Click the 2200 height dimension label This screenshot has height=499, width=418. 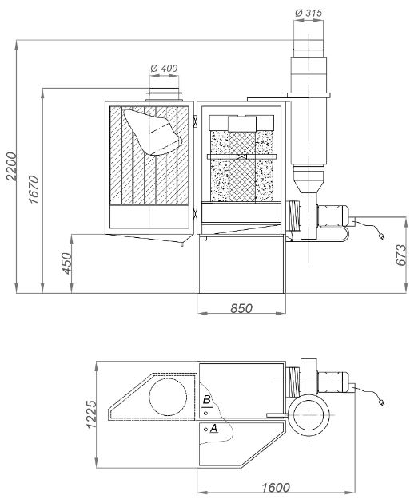[x=11, y=166]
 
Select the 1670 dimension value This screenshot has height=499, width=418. [x=34, y=189]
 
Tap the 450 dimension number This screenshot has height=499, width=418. [x=67, y=263]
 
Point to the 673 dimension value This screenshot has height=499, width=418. [x=401, y=255]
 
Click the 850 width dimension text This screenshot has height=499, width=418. [x=241, y=308]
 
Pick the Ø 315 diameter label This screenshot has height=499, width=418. [x=309, y=13]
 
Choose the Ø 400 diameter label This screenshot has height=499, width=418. [x=164, y=68]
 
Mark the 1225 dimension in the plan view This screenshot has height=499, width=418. [x=91, y=414]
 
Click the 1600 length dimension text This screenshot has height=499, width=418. [x=276, y=487]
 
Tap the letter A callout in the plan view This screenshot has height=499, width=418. [x=214, y=428]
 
